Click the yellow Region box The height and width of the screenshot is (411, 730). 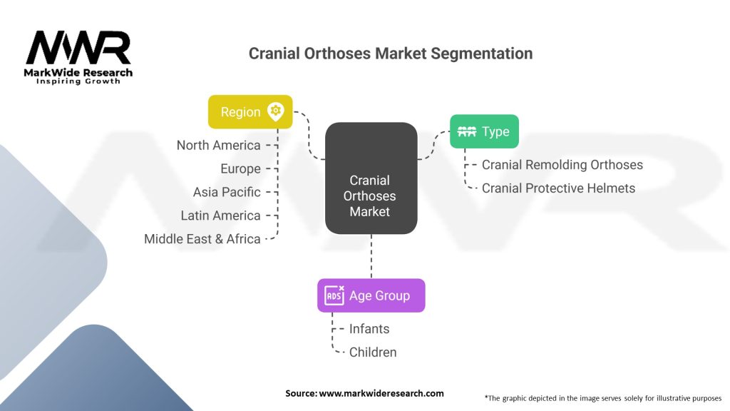(250, 112)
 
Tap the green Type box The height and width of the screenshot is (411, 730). (484, 131)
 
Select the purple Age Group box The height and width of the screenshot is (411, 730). (371, 295)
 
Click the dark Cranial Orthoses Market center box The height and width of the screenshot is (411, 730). (371, 178)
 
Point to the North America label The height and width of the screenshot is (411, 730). (218, 146)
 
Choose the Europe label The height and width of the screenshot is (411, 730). (240, 168)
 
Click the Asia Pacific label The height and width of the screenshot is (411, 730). (227, 192)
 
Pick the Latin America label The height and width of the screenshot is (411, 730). (220, 215)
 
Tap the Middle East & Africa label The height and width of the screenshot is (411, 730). (202, 238)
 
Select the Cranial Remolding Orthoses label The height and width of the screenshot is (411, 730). (562, 165)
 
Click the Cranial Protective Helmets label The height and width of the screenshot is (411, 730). (558, 188)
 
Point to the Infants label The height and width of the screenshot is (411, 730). (369, 329)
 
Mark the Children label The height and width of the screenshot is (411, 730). (373, 352)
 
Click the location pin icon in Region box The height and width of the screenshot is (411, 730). (276, 112)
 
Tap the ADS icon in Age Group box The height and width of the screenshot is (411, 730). (334, 295)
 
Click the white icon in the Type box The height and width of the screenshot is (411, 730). (466, 131)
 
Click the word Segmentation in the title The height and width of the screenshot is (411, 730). (481, 54)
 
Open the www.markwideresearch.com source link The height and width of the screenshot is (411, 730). (381, 393)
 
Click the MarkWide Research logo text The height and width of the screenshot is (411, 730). (78, 73)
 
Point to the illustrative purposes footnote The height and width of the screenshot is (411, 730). (603, 398)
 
